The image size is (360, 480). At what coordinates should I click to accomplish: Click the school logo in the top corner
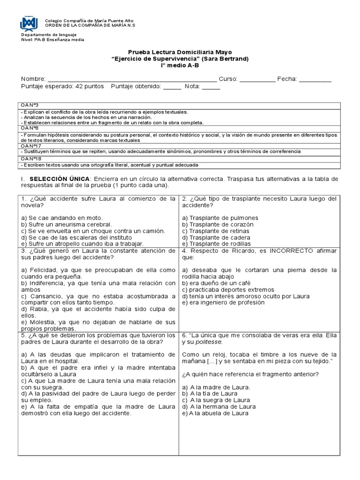coord(29,23)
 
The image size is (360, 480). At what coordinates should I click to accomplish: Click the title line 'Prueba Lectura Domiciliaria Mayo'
coord(180,52)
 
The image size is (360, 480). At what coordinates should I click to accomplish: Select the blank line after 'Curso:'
coord(257,79)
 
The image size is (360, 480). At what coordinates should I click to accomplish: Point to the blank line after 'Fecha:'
coord(315,79)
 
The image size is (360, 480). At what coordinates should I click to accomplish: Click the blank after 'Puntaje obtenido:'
coord(172,86)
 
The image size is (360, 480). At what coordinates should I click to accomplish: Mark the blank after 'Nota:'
coord(211,86)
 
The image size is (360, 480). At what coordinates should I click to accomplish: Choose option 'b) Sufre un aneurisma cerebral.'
coord(67,225)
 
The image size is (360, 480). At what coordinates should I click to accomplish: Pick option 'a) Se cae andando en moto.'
coord(61,218)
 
